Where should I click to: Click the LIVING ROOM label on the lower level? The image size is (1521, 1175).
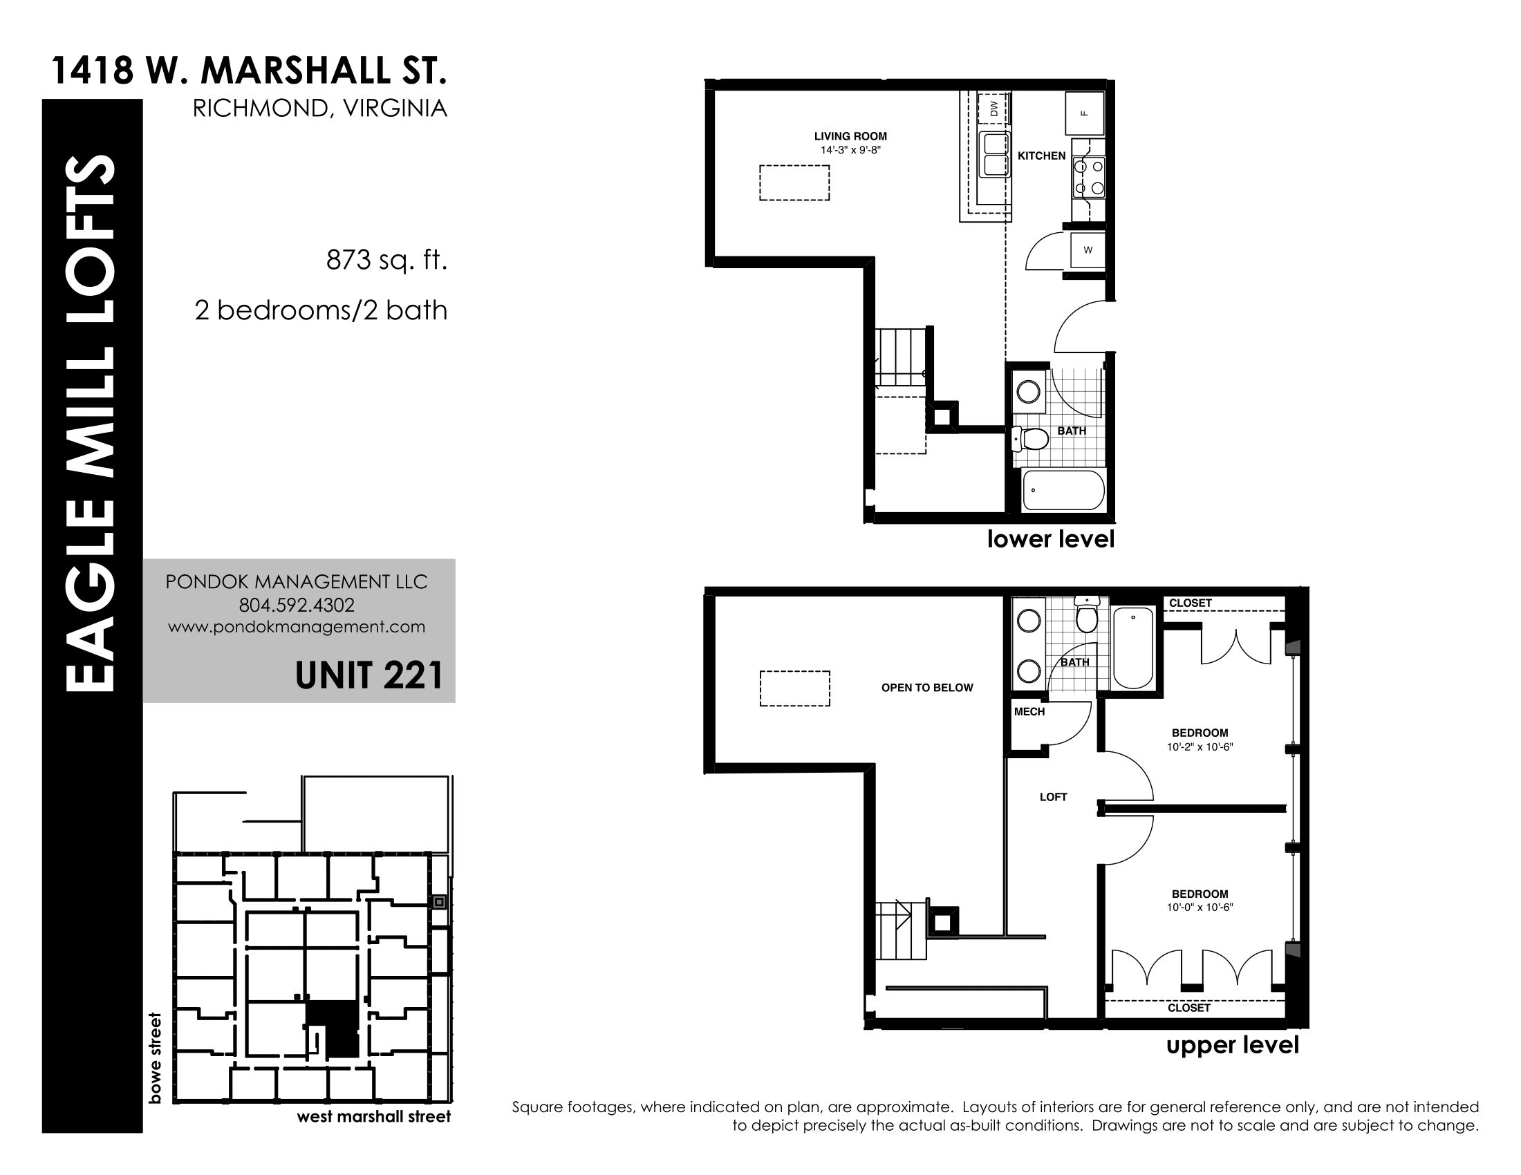850,136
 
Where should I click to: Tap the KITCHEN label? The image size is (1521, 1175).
1041,156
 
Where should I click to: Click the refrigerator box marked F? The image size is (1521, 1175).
1084,113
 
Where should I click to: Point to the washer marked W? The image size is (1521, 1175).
1088,250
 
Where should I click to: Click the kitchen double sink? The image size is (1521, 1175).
994,155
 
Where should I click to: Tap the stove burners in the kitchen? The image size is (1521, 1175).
1088,178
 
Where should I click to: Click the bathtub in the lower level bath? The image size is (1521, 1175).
1063,491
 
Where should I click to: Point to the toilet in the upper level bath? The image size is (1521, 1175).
1086,614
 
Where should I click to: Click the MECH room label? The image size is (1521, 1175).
1029,711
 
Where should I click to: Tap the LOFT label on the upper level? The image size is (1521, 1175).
1053,797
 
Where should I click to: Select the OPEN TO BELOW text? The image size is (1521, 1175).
927,688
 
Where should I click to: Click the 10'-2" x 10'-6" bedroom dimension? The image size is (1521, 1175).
1200,747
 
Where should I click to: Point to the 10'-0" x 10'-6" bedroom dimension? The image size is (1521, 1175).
1200,908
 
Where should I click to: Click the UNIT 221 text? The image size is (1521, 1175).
369,675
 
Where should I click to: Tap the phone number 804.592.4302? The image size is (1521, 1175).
297,605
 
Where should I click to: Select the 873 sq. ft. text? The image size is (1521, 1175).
386,261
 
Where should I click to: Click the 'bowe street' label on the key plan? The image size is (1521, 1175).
155,1058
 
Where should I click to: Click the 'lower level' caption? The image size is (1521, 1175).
1051,540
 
